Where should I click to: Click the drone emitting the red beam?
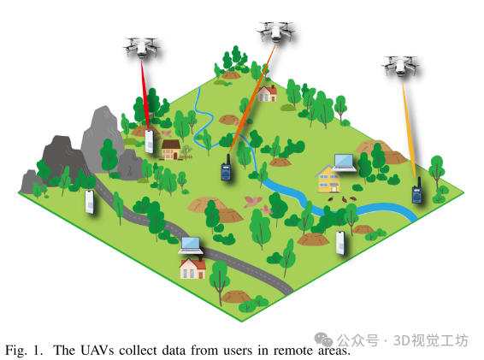pyautogui.click(x=141, y=47)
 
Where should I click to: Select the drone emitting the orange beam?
pyautogui.click(x=275, y=32)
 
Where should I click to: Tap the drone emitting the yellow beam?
pyautogui.click(x=400, y=66)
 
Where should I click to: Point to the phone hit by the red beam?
pyautogui.click(x=150, y=141)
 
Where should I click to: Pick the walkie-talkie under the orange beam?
pyautogui.click(x=227, y=168)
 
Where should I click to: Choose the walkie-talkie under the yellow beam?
pyautogui.click(x=417, y=191)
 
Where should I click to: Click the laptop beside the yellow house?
pyautogui.click(x=344, y=163)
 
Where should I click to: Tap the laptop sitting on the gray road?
pyautogui.click(x=191, y=245)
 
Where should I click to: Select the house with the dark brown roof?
pyautogui.click(x=171, y=150)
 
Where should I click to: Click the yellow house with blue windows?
pyautogui.click(x=328, y=179)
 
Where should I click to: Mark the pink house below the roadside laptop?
pyautogui.click(x=193, y=269)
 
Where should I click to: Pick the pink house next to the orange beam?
pyautogui.click(x=268, y=93)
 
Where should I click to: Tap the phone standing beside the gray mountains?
pyautogui.click(x=90, y=202)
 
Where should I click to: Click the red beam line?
pyautogui.click(x=145, y=94)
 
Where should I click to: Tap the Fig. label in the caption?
pyautogui.click(x=16, y=351)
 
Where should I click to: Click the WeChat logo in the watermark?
pyautogui.click(x=323, y=339)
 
